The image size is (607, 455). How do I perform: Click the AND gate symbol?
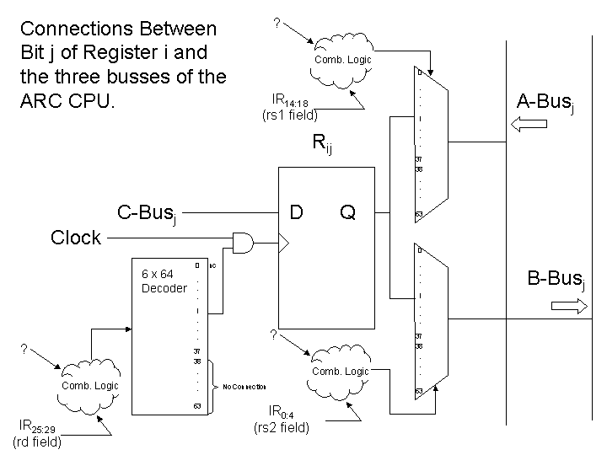tap(244, 244)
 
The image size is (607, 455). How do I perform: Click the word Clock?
tap(76, 238)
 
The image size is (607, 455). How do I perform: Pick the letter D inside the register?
tap(297, 212)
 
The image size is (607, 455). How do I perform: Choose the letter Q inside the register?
tap(347, 212)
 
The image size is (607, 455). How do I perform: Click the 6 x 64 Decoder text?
tap(164, 281)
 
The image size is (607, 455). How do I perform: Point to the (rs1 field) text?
tap(291, 115)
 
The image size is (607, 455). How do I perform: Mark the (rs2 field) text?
tap(282, 428)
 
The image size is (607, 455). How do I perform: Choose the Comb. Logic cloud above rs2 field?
tap(341, 371)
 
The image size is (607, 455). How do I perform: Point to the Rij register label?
tap(321, 143)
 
